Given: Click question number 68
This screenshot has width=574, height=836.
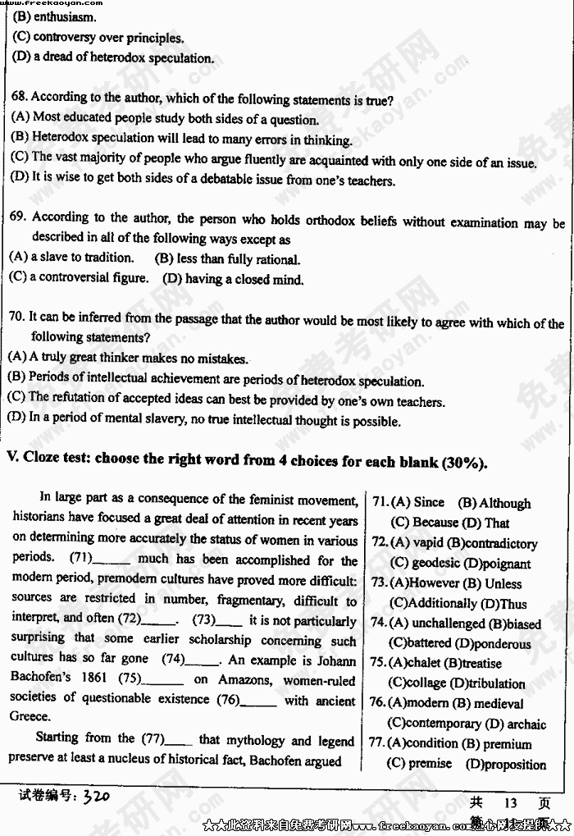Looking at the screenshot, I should (20, 97).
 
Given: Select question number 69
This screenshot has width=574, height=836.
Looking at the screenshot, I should (20, 217).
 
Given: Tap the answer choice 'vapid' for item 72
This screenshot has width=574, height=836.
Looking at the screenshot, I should (427, 543).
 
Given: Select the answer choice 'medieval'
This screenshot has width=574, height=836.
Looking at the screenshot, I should (505, 703).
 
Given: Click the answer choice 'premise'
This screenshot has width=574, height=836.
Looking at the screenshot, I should (430, 763).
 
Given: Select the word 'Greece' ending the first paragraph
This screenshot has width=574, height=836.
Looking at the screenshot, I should (29, 717).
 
